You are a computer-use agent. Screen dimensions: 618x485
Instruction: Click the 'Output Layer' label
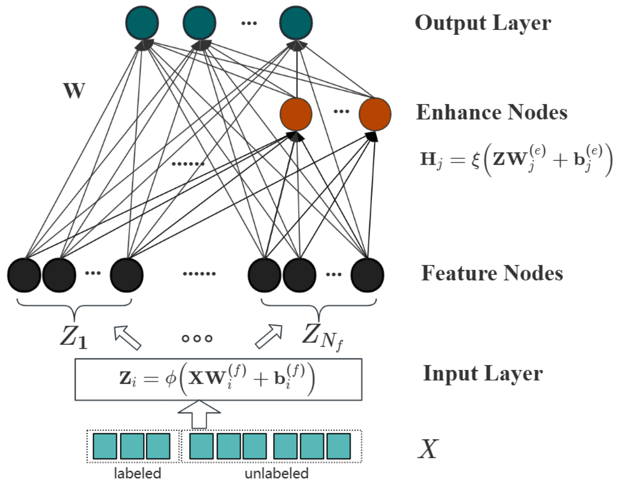pyautogui.click(x=483, y=23)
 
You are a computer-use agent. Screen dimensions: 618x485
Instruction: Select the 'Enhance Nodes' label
pyautogui.click(x=492, y=113)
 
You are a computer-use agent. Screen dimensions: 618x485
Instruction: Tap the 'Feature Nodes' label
pyautogui.click(x=492, y=273)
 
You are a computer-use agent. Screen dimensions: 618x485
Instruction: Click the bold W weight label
pyautogui.click(x=74, y=91)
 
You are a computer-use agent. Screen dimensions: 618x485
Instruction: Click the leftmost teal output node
pyautogui.click(x=142, y=23)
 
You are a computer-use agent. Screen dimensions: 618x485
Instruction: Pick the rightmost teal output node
pyautogui.click(x=296, y=23)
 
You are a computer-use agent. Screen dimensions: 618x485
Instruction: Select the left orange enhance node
pyautogui.click(x=296, y=114)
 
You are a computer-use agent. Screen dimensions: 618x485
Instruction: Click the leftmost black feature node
pyautogui.click(x=24, y=275)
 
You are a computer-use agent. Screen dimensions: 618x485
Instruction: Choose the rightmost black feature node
pyautogui.click(x=367, y=275)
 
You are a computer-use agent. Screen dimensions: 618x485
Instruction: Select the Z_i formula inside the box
pyautogui.click(x=217, y=380)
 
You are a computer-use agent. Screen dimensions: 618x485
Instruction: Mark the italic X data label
pyautogui.click(x=428, y=449)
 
